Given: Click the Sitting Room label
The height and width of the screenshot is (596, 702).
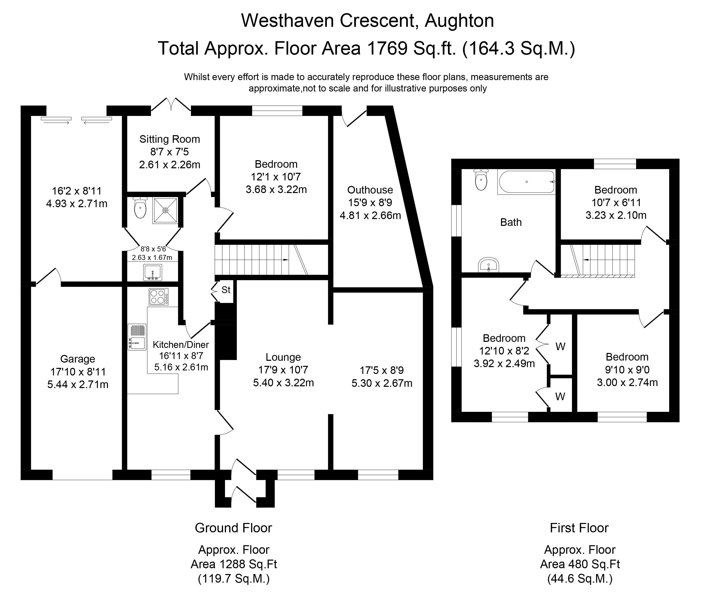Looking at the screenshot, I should [169, 139].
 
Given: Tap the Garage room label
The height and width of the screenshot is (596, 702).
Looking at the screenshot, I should [78, 359].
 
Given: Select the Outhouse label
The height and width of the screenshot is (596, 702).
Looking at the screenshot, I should [370, 190].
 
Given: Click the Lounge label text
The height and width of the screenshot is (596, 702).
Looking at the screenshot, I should [283, 357].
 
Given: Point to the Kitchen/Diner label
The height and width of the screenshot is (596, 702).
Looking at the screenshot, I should [181, 345].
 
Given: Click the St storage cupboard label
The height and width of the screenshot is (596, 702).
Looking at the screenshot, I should [226, 290].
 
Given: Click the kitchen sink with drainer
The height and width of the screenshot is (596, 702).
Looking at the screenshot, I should [137, 337].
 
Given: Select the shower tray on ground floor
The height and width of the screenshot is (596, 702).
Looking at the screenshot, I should [165, 210].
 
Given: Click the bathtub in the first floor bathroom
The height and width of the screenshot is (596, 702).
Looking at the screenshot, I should [526, 182].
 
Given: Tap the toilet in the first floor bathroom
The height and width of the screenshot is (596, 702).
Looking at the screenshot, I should [481, 180].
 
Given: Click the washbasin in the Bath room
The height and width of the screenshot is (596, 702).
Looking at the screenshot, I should [488, 265].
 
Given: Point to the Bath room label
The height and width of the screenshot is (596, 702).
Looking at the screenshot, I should [511, 222].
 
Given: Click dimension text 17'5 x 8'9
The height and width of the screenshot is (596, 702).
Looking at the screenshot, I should [382, 371].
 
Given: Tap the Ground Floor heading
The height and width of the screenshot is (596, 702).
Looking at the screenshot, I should [233, 528].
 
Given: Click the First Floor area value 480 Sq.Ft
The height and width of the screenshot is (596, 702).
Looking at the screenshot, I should [580, 564].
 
